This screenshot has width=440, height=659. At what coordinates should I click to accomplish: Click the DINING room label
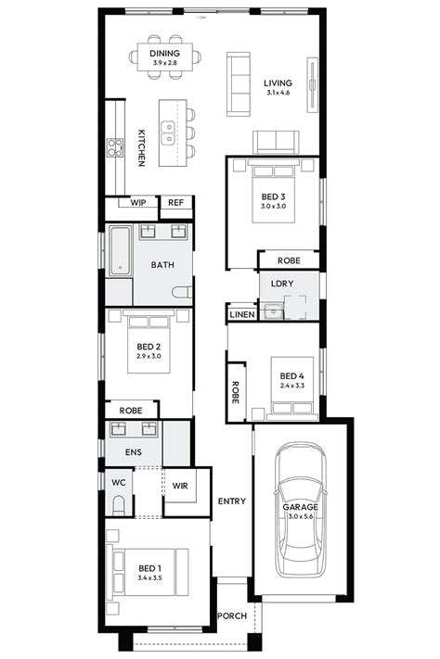[164, 54]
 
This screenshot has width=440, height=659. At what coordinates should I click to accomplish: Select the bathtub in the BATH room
[118, 251]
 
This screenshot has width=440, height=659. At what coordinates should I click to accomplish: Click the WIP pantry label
[138, 202]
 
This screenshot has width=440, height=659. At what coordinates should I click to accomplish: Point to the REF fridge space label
[175, 202]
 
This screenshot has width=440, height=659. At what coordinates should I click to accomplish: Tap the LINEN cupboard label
[241, 316]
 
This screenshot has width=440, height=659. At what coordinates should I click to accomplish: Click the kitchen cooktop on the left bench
[116, 146]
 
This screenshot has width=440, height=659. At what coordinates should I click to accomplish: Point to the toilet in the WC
[118, 505]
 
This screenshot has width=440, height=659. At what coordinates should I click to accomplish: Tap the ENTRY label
[231, 501]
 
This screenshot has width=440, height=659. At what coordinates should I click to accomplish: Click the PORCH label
[231, 615]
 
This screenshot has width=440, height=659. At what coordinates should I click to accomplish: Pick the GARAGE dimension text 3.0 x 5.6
[301, 516]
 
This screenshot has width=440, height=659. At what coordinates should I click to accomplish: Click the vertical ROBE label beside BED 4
[236, 394]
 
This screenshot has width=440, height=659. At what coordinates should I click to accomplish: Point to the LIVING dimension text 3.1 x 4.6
[277, 93]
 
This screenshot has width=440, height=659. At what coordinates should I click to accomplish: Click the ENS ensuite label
[118, 453]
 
